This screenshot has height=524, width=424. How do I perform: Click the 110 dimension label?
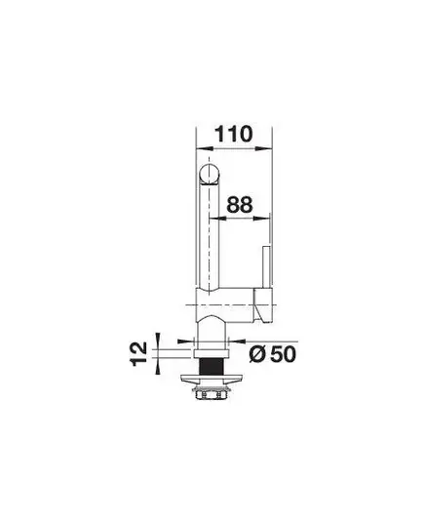[x=233, y=134]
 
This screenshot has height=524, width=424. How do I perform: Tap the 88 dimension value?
[x=240, y=205]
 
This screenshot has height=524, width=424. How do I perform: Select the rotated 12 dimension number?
[x=138, y=353]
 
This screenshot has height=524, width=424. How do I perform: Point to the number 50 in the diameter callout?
[x=283, y=354]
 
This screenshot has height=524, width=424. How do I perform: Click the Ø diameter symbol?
[x=257, y=354]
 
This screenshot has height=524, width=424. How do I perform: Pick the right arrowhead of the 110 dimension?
[x=264, y=148]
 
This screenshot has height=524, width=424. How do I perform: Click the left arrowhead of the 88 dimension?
[x=217, y=219]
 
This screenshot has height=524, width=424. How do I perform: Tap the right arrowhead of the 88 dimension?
[x=261, y=219]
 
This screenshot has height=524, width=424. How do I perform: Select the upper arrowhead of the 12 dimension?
[x=158, y=341]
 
